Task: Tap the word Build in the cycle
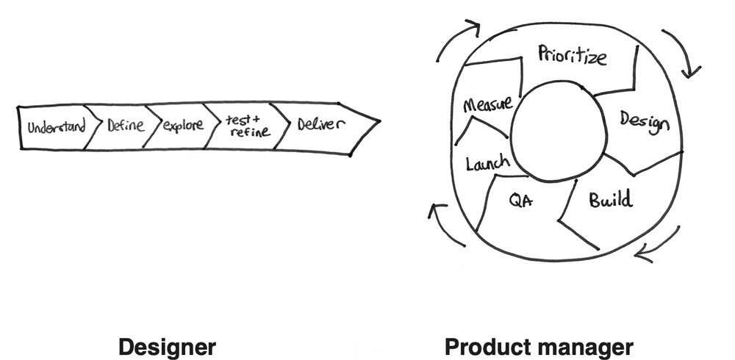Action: (610, 199)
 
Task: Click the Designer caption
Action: (167, 346)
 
